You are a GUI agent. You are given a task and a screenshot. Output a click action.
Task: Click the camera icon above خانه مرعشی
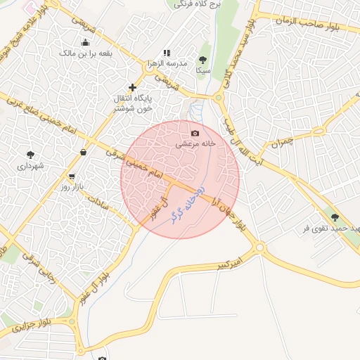pyautogui.click(x=195, y=133)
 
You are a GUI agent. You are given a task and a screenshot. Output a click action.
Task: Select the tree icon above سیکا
pyautogui.click(x=202, y=60)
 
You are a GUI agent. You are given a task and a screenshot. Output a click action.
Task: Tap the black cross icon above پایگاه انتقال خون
pyautogui.click(x=132, y=87)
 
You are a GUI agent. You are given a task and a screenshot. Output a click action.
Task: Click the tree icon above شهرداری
pyautogui.click(x=30, y=155)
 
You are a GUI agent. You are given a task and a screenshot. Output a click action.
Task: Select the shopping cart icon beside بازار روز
pyautogui.click(x=72, y=176)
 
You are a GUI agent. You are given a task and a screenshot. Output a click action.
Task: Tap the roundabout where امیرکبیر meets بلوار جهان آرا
pyautogui.click(x=260, y=247)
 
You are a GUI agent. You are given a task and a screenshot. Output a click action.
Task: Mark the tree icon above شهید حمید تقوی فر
pyautogui.click(x=333, y=218)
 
